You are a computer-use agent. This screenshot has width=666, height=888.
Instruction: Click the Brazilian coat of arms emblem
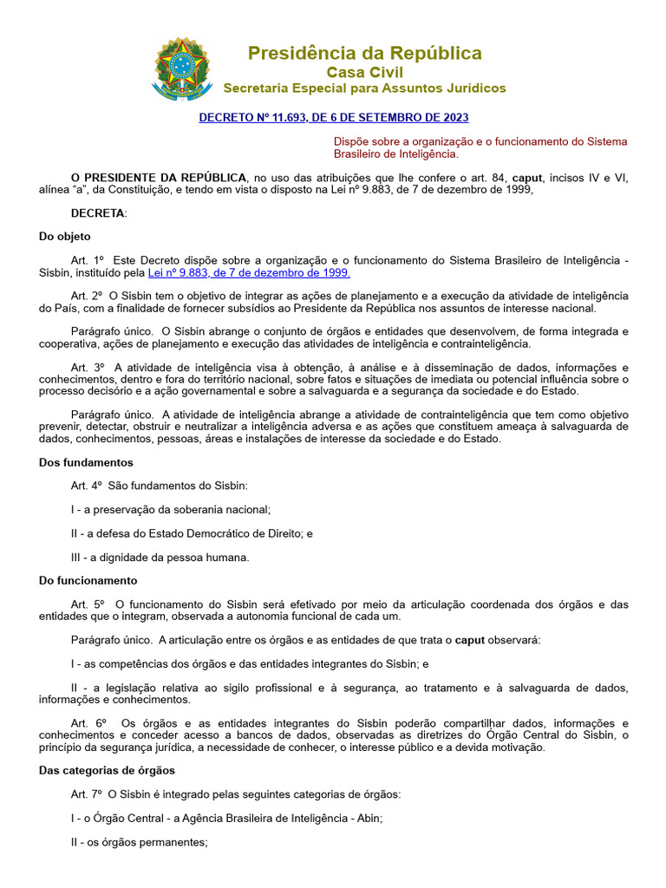pos(183,69)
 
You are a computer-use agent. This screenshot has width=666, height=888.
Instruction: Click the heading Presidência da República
pos(364,54)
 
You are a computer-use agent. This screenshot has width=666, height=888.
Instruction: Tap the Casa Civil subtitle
pos(364,72)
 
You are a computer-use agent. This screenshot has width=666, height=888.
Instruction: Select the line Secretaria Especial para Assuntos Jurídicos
pos(364,88)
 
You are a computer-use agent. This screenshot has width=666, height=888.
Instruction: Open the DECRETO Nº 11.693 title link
pos(334,117)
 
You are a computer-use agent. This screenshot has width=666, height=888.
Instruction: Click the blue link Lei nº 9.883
pos(250,272)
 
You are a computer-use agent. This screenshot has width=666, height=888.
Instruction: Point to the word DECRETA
pos(99,213)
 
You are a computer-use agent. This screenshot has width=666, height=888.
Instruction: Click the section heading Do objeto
pos(65,237)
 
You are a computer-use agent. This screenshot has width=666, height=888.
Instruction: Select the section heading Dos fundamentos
pos(87,462)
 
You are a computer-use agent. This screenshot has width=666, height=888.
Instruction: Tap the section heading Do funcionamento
pos(88,580)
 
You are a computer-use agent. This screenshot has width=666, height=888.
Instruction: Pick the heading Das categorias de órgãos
pos(108,770)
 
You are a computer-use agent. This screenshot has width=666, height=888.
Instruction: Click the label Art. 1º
pos(88,260)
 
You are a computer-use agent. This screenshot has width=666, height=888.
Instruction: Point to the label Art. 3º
pos(88,367)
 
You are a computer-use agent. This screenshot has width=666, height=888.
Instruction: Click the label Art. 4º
pos(88,486)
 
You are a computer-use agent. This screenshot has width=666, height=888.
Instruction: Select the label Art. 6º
pos(88,723)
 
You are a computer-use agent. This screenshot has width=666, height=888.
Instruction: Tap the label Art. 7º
pos(88,793)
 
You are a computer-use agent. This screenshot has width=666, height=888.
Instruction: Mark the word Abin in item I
pos(368,818)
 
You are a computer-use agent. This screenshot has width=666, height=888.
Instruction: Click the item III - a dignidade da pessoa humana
pos(160,558)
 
